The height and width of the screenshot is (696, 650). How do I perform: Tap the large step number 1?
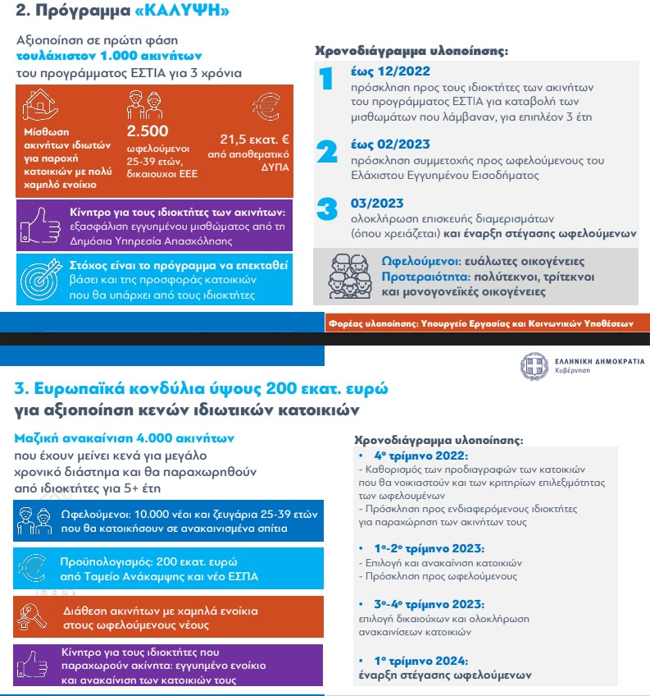click(x=326, y=80)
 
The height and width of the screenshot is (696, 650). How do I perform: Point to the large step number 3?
click(x=327, y=208)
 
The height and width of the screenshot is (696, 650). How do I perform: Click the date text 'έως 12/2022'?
click(x=389, y=71)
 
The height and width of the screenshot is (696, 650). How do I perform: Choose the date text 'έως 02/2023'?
click(x=390, y=144)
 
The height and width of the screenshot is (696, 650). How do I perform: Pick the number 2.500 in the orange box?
click(x=148, y=130)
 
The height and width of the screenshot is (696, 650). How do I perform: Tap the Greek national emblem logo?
click(x=533, y=365)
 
